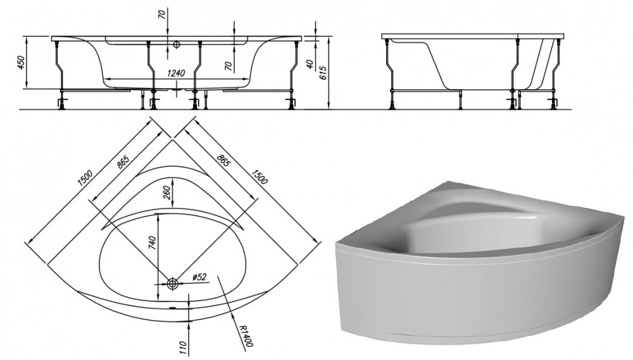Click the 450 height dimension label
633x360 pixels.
(x=22, y=62)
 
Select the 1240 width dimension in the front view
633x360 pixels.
(x=175, y=73)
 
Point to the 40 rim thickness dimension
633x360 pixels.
(x=310, y=64)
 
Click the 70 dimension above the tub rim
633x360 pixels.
(x=162, y=15)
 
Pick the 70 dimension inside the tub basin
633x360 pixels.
(x=229, y=66)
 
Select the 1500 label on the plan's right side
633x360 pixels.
(x=260, y=176)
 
